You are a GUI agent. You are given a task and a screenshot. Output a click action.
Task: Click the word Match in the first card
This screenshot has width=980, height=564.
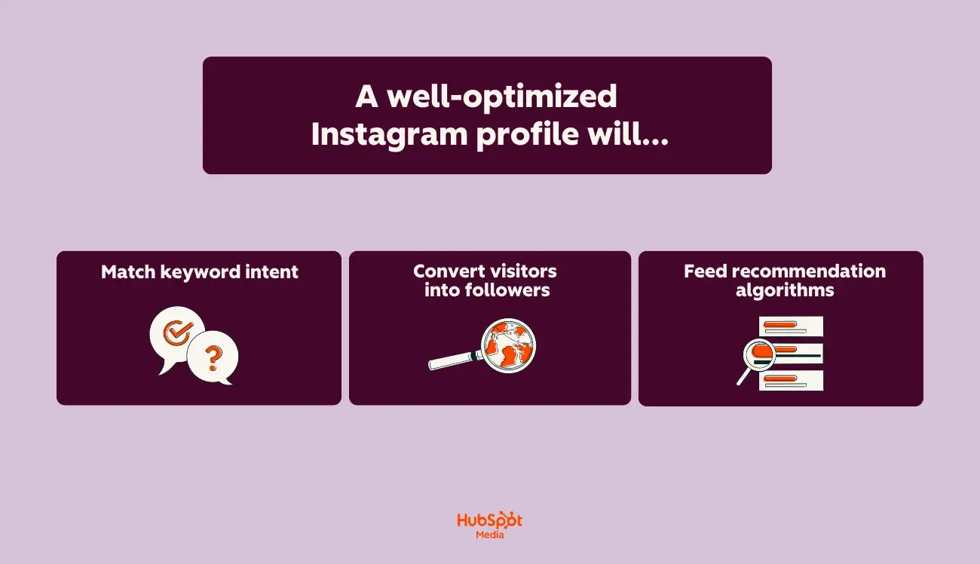(129, 271)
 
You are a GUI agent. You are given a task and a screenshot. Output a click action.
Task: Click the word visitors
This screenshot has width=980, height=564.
(523, 271)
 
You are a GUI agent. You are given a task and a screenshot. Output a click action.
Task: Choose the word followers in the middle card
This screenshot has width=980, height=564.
(507, 290)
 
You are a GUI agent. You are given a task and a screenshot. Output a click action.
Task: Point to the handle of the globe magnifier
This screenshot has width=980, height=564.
(450, 361)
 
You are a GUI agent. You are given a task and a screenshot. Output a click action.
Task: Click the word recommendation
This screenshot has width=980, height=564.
(808, 271)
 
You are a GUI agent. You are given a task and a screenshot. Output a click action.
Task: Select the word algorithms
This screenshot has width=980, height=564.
(784, 290)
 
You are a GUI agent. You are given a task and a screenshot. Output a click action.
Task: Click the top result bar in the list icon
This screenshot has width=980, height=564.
(791, 326)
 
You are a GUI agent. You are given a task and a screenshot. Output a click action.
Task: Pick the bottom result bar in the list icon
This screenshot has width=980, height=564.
(791, 381)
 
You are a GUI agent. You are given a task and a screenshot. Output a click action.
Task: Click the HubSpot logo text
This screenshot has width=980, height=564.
(489, 521)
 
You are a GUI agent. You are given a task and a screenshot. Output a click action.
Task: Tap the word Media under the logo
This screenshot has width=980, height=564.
(490, 535)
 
